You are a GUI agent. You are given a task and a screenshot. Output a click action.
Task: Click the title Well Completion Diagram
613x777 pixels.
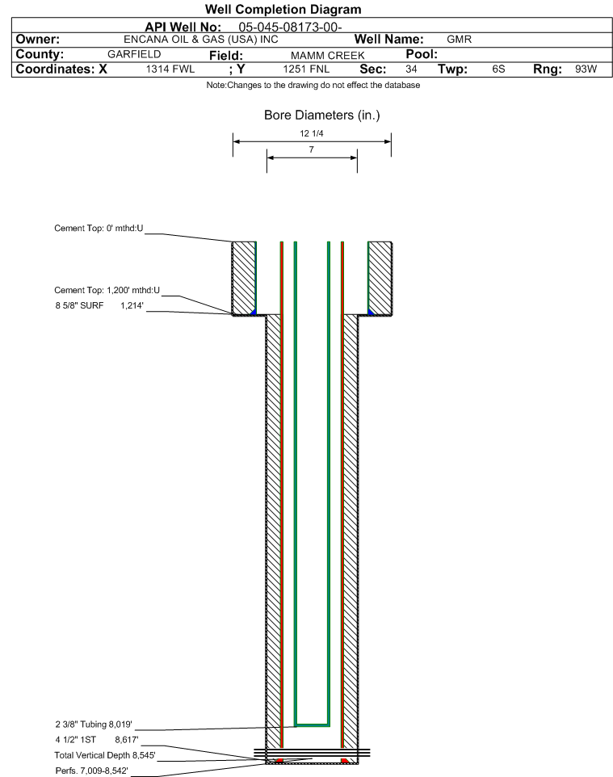[x=283, y=10]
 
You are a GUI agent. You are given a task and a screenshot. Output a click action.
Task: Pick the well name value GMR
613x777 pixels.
[x=459, y=40]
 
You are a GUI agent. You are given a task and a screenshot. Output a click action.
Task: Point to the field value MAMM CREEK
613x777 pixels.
[x=317, y=55]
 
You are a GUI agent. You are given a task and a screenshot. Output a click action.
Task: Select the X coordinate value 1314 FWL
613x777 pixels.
[x=170, y=69]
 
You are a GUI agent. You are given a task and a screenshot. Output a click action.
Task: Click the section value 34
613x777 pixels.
[x=411, y=69]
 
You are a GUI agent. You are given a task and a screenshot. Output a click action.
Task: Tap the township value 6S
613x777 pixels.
[x=498, y=69]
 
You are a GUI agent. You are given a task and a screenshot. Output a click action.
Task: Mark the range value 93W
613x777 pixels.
[x=586, y=69]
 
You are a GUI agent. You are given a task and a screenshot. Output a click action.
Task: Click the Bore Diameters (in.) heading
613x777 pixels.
[x=321, y=115]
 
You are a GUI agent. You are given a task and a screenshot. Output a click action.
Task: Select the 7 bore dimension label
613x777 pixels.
[x=311, y=150]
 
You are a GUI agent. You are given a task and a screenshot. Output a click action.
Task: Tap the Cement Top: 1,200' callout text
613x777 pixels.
[x=107, y=290]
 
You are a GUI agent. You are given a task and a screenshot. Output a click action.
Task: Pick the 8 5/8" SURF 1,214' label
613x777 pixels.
[x=99, y=305]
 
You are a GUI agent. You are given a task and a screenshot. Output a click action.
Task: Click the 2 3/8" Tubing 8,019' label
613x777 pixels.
[x=94, y=724]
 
